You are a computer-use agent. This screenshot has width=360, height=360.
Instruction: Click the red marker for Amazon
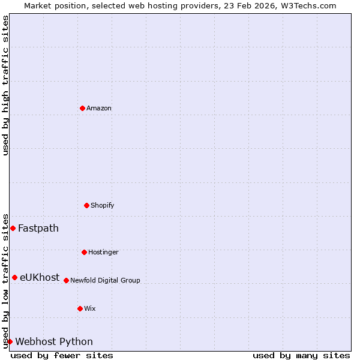click(82, 108)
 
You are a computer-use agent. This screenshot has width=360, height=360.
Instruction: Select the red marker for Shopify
click(86, 205)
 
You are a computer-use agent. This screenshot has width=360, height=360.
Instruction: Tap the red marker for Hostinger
click(84, 252)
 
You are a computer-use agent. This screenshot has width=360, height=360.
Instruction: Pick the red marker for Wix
click(80, 308)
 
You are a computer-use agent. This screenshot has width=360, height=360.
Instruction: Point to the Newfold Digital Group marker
click(66, 280)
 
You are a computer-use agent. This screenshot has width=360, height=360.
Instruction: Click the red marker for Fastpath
click(13, 228)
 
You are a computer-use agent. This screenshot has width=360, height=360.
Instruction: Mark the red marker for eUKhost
click(14, 277)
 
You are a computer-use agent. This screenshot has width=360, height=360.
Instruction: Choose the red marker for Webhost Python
click(10, 341)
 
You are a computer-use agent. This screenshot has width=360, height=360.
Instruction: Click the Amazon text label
click(99, 108)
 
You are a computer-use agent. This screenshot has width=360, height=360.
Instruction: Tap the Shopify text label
click(103, 205)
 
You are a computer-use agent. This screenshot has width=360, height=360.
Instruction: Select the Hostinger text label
click(103, 252)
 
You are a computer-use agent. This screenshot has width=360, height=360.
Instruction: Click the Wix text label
click(90, 308)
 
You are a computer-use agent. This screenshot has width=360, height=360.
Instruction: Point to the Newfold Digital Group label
click(105, 280)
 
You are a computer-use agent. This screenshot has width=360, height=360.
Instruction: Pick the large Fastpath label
click(38, 228)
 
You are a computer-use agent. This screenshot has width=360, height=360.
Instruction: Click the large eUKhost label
click(40, 277)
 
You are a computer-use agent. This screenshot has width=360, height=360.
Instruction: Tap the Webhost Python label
click(54, 341)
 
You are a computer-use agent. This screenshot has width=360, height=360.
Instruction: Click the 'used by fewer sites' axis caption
click(62, 355)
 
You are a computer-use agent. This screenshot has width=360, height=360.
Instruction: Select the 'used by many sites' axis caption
click(301, 355)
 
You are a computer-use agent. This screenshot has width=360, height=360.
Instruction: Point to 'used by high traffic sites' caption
click(5, 85)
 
